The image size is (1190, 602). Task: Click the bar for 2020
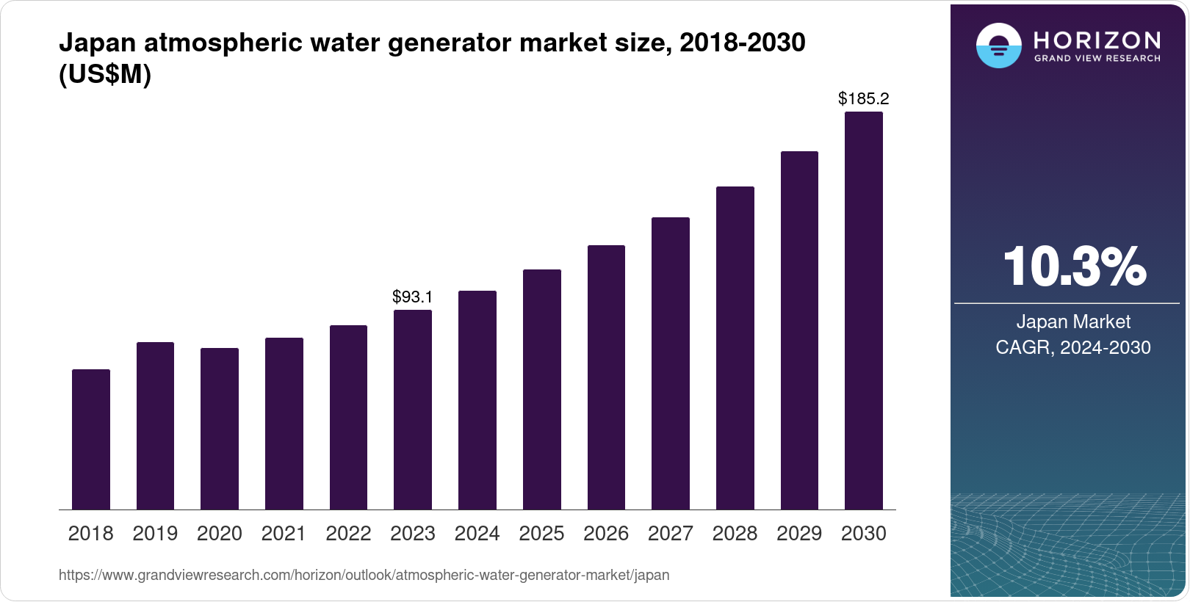click(x=220, y=429)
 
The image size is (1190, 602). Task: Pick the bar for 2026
click(x=606, y=377)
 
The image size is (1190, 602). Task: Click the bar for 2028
click(x=735, y=348)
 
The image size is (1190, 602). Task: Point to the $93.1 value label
click(x=413, y=297)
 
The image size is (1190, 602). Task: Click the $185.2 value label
click(x=864, y=98)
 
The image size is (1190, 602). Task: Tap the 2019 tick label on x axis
click(x=155, y=534)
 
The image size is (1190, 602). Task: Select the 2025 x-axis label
click(x=541, y=534)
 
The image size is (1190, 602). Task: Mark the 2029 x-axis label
click(x=799, y=534)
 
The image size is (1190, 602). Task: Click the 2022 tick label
click(x=348, y=534)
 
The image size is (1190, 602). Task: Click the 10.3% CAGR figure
click(x=1073, y=267)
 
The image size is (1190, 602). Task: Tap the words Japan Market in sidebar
click(x=1073, y=322)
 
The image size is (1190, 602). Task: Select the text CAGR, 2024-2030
click(x=1073, y=347)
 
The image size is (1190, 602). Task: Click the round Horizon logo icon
click(x=998, y=46)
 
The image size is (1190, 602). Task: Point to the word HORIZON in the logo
click(x=1097, y=40)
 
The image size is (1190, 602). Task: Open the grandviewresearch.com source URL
click(x=364, y=575)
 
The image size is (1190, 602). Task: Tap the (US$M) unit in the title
click(x=105, y=74)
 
